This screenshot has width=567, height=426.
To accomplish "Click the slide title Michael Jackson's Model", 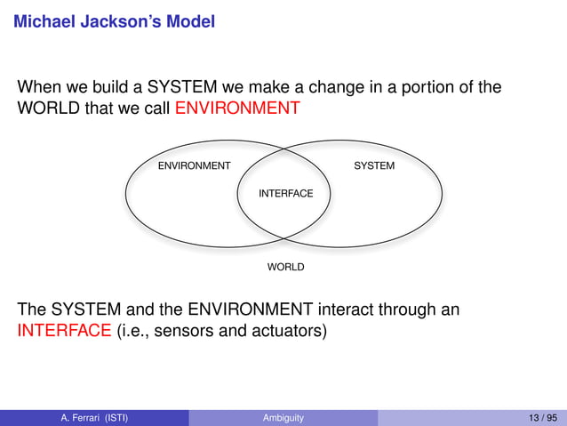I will (x=114, y=20).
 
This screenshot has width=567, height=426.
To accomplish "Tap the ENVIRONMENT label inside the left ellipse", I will (x=194, y=166).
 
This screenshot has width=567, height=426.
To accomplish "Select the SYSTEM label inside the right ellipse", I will (x=374, y=166).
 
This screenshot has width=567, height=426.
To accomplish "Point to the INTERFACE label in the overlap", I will (x=285, y=194).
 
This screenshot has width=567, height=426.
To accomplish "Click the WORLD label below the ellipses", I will (x=285, y=267).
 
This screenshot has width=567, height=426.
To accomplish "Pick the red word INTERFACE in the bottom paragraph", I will (x=64, y=332).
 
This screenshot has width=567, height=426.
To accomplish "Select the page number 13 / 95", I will (x=540, y=417).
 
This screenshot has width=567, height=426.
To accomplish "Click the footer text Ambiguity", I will (x=283, y=417).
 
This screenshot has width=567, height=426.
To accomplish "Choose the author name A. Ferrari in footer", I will (x=83, y=417).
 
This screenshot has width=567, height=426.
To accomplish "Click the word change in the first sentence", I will (x=330, y=87).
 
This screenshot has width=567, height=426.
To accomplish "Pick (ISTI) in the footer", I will (x=114, y=417).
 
